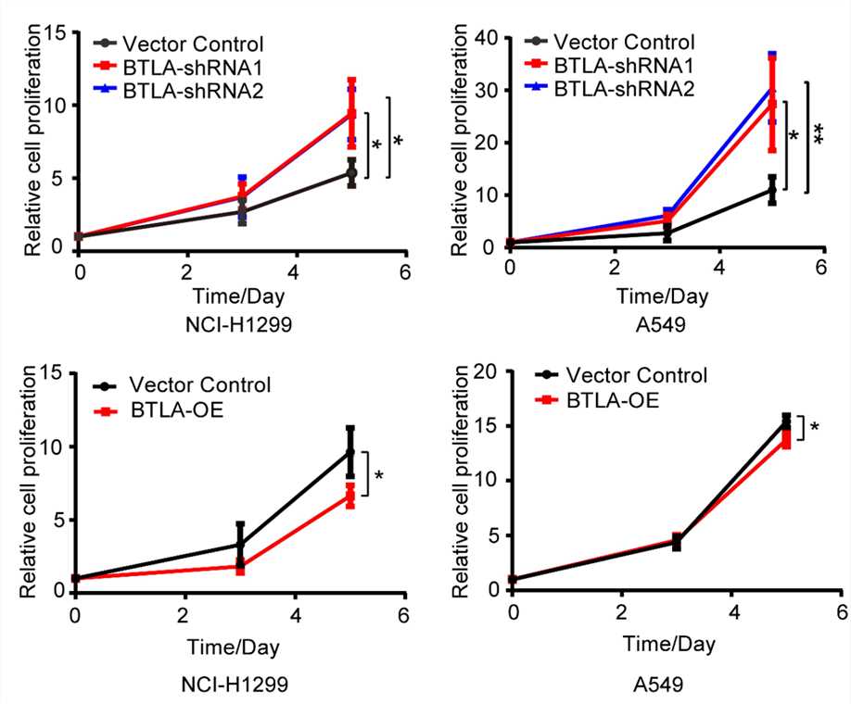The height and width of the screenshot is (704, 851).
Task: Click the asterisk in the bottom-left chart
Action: click(x=379, y=477)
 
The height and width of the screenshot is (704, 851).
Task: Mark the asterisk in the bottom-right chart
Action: click(x=814, y=429)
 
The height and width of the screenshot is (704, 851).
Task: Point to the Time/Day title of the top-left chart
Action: click(x=240, y=296)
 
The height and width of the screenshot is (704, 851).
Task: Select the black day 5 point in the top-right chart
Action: click(x=771, y=191)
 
